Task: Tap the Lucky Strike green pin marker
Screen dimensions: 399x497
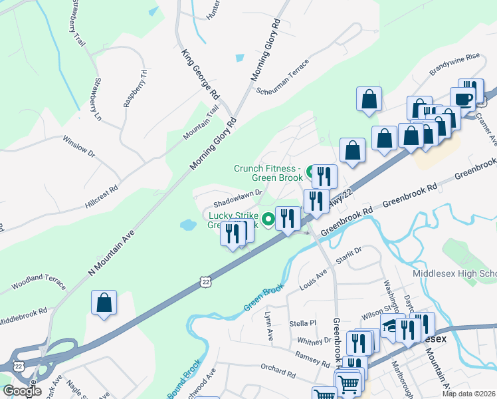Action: click(268, 217)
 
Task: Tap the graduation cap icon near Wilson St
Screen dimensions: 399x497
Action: click(391, 326)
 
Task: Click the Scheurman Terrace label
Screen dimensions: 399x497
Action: click(282, 78)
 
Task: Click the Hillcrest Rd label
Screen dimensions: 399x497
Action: click(101, 197)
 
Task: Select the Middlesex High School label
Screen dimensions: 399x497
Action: click(454, 273)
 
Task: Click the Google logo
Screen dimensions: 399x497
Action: click(21, 391)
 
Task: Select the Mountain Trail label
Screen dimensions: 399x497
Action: click(201, 124)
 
